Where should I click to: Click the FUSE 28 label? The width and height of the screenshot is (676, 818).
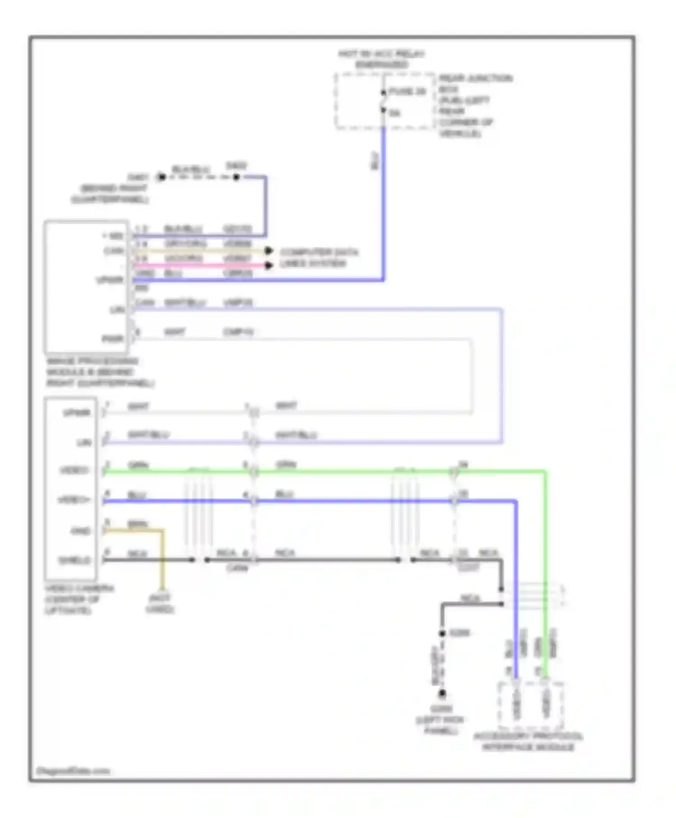point(407,92)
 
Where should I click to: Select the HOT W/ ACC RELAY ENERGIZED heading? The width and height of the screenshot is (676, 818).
point(381,59)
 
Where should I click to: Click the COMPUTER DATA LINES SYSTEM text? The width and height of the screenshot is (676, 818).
point(318,257)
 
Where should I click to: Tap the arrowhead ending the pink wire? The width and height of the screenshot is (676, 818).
point(269,265)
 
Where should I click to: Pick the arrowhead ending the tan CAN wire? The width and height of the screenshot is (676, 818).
point(269,251)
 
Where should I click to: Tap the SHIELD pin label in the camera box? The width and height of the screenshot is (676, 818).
point(75,561)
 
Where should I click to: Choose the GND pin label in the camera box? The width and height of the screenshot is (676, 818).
point(81,531)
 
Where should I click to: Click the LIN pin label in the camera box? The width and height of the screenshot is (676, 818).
point(84,442)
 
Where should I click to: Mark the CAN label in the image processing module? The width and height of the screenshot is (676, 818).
point(114,251)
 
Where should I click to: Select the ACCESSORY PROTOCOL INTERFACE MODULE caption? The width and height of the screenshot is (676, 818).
point(528,742)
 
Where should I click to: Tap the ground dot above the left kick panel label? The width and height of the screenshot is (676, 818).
point(443,693)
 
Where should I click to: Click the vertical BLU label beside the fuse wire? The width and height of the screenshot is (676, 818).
point(375,161)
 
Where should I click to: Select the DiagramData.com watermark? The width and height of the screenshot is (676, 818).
point(73,771)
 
